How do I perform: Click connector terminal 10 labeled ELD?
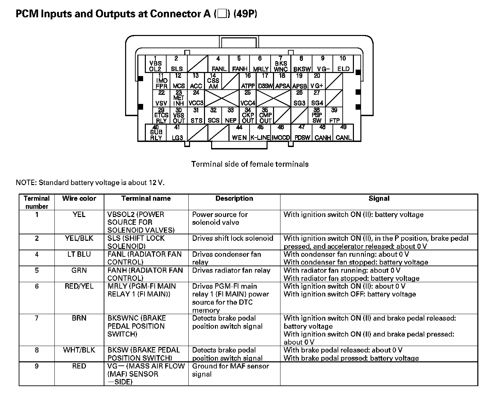(343, 64)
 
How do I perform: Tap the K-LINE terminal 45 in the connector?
(260, 133)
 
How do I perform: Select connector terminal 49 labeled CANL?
(343, 133)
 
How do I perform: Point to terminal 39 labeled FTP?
(334, 115)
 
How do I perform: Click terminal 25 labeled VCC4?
(247, 98)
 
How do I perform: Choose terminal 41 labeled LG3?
(177, 133)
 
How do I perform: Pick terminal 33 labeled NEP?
(231, 115)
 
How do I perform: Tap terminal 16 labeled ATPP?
(247, 81)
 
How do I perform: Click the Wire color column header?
(79, 199)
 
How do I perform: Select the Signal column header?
(379, 199)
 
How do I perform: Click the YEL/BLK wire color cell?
(79, 238)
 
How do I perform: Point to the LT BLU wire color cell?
(79, 254)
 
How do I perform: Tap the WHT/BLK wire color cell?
(79, 350)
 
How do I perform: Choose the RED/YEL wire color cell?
(79, 286)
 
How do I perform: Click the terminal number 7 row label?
(37, 318)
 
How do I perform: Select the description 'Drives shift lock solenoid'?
(233, 238)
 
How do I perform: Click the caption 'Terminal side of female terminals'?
(250, 164)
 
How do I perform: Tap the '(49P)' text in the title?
(245, 14)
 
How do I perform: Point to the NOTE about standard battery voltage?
(90, 183)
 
